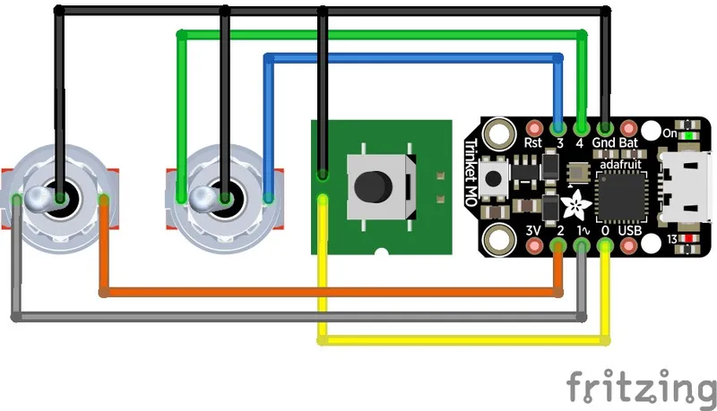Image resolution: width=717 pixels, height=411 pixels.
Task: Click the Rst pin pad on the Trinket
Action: click(535, 128)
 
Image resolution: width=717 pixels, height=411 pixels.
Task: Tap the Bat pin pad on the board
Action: click(628, 128)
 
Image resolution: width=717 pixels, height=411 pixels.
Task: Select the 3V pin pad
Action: click(535, 244)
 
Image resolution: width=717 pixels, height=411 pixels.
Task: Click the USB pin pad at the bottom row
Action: click(628, 244)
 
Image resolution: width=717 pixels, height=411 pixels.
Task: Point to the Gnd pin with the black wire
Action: click(605, 128)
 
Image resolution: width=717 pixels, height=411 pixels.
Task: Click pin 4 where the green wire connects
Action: click(582, 128)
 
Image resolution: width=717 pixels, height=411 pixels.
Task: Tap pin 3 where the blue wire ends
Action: click(558, 128)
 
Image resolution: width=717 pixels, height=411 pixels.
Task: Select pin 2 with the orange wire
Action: click(558, 244)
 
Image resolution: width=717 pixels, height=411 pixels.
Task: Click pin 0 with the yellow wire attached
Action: click(605, 244)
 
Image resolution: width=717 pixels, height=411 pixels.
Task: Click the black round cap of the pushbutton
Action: click(371, 185)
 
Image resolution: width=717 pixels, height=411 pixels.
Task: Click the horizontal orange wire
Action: click(332, 292)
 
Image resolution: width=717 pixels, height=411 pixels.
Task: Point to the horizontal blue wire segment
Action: click(412, 59)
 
